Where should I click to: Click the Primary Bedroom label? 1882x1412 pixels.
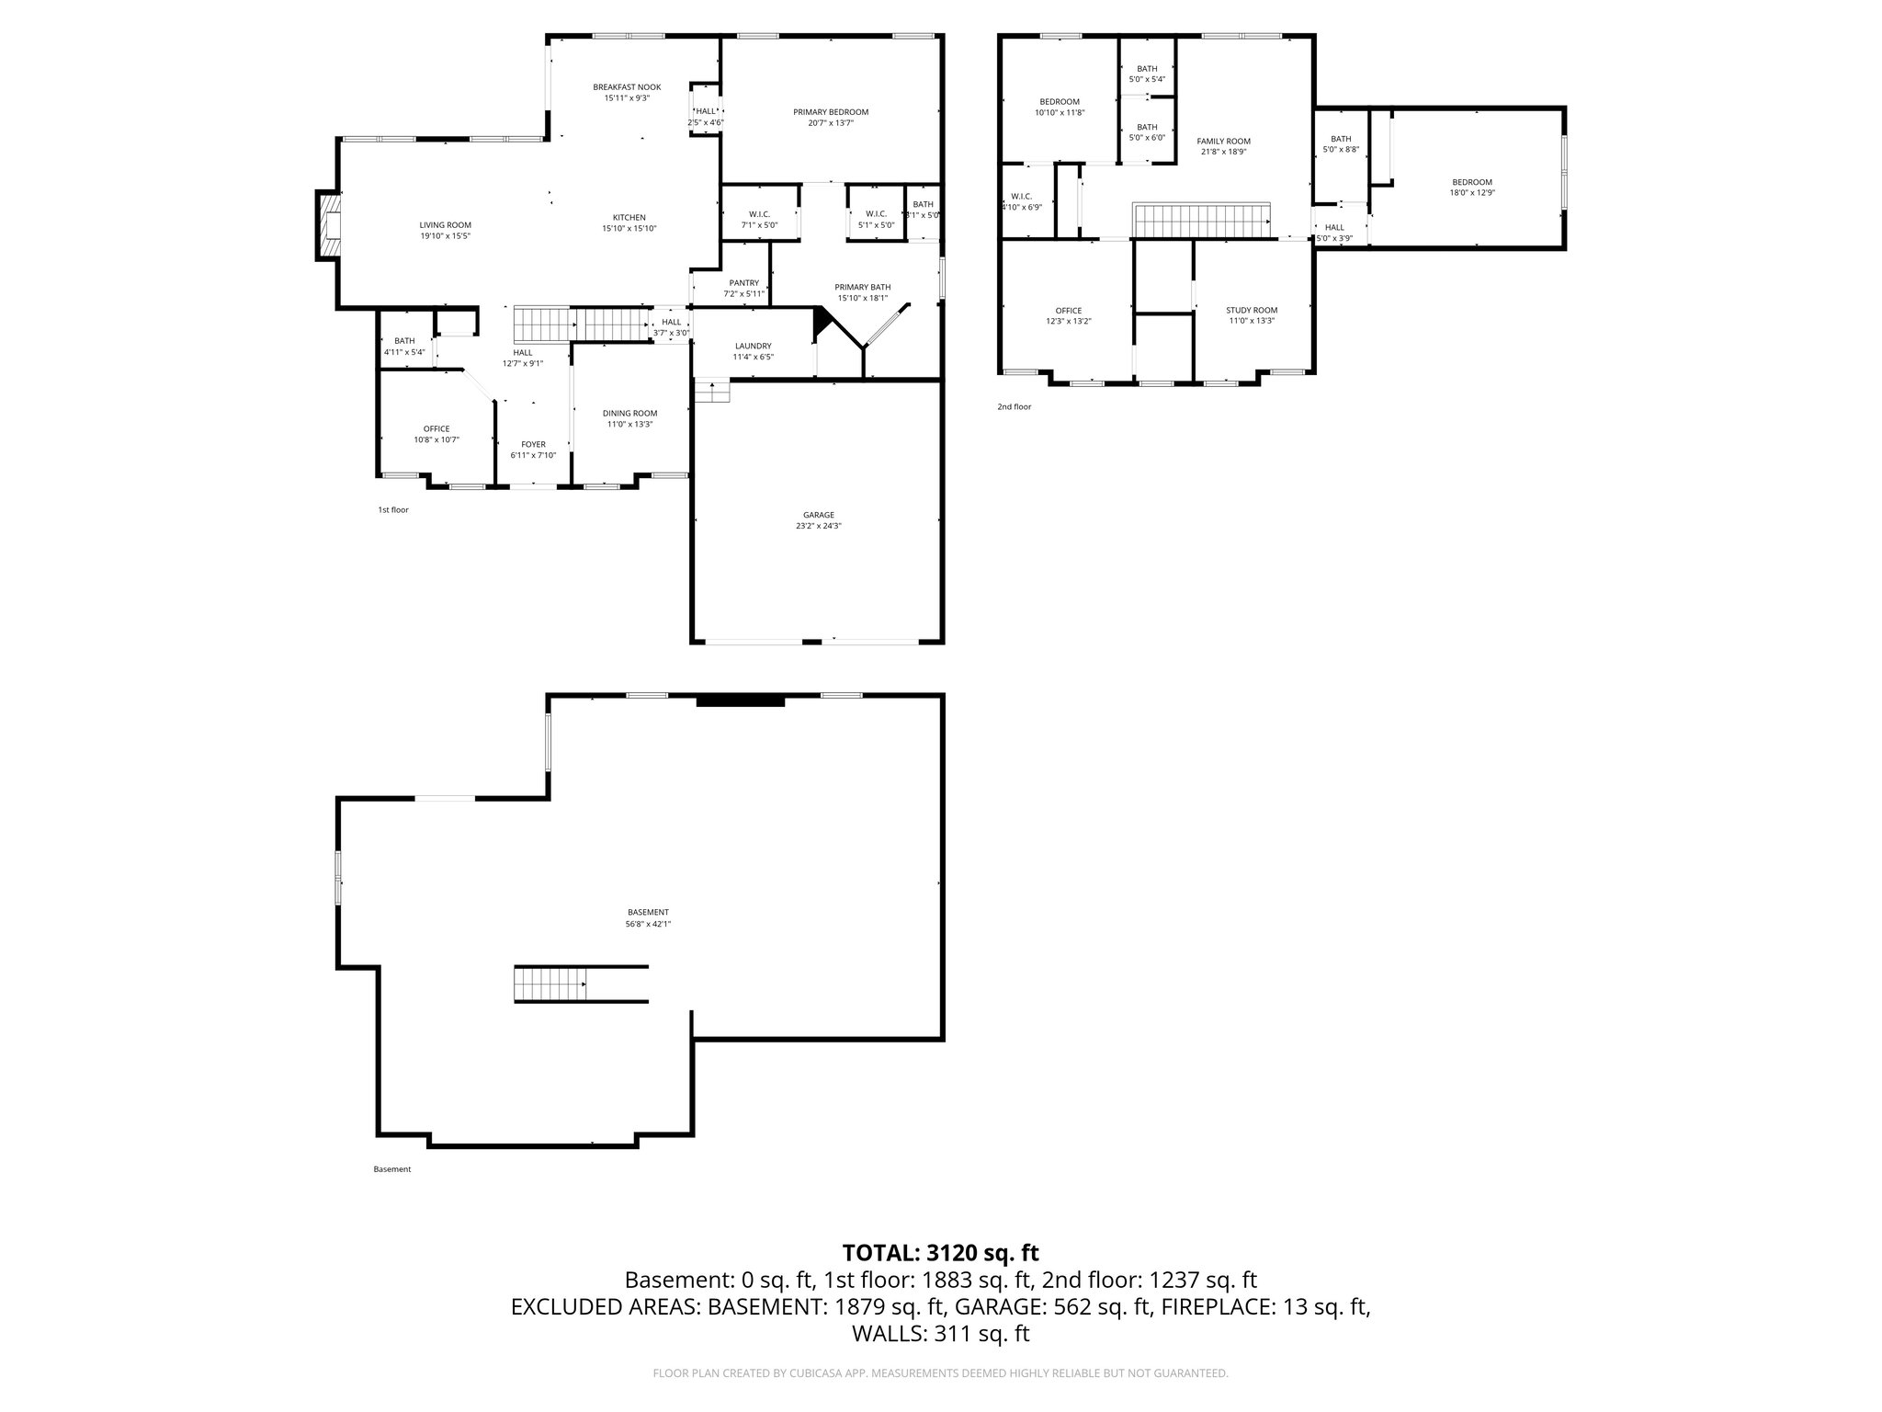(831, 112)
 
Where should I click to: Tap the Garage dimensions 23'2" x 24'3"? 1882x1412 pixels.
(818, 526)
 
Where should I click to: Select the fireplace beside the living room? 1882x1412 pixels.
(328, 225)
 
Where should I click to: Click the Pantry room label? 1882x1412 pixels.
(743, 283)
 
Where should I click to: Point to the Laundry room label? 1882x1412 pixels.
(753, 347)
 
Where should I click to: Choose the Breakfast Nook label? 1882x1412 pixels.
(627, 87)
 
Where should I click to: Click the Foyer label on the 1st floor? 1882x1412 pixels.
(533, 445)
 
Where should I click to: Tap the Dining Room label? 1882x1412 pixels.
(629, 414)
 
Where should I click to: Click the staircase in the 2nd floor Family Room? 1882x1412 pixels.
(1202, 221)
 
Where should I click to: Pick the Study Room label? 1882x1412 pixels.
(1252, 311)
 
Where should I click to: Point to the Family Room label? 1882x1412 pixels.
(1223, 142)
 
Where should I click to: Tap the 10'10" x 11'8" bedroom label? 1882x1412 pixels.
(1060, 102)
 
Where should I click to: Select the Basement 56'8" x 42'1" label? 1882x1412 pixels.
(648, 913)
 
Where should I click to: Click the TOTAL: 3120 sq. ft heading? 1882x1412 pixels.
(940, 1252)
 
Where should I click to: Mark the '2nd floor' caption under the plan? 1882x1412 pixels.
(1014, 406)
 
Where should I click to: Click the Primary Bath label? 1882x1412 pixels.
(862, 287)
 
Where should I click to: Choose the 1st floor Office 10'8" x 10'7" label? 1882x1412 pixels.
(436, 429)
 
